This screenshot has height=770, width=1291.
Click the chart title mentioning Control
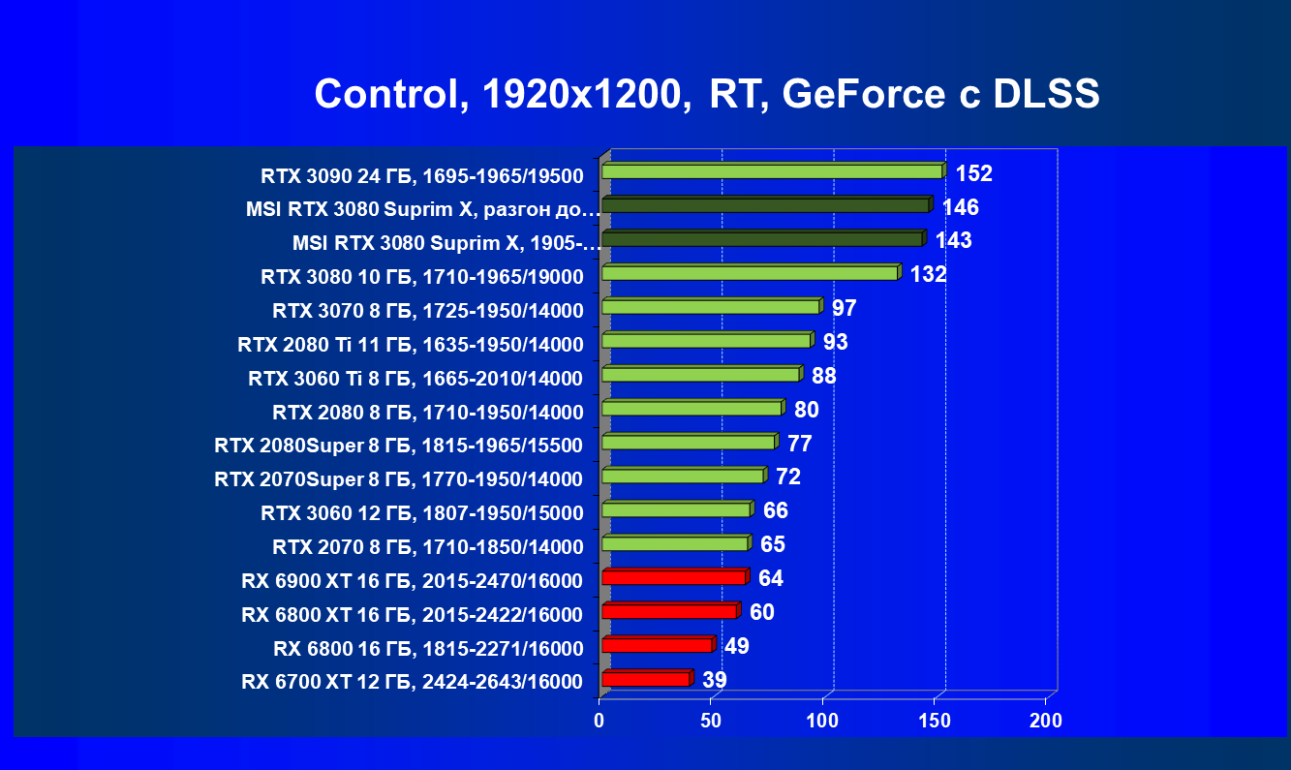point(706,95)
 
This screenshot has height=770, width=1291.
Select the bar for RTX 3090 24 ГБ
point(772,171)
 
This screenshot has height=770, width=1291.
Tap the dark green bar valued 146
point(765,205)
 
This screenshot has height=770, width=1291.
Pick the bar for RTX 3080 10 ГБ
point(750,273)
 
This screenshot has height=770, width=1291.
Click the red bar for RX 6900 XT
point(674,577)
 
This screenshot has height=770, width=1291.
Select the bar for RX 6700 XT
point(646,679)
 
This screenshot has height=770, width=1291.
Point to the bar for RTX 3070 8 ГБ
point(711,307)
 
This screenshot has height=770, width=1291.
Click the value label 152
point(974,173)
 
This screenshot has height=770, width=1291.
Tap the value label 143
point(953,241)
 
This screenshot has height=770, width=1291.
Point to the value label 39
point(714,680)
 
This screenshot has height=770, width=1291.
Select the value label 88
point(823,376)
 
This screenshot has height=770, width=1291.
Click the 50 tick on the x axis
point(711,721)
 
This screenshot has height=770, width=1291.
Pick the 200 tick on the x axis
point(1046,721)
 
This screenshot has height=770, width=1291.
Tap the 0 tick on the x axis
point(599,721)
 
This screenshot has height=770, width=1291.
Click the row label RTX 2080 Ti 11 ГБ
point(411,345)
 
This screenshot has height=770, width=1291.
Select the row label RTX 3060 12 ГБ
point(422,513)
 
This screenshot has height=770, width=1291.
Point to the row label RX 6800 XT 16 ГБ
point(413,615)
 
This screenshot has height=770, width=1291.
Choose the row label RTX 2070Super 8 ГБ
point(399,479)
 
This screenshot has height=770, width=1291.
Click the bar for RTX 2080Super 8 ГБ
point(689,443)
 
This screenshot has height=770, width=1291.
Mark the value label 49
point(736,646)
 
